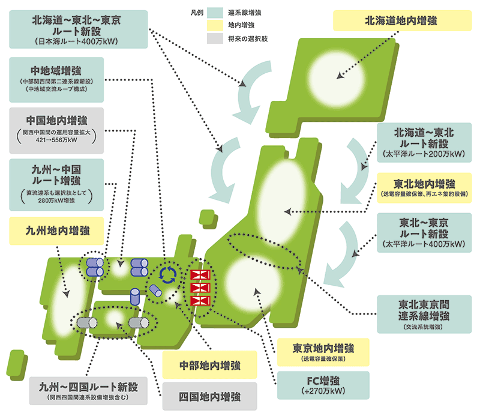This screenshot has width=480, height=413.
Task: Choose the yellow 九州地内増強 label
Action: pos(57,230)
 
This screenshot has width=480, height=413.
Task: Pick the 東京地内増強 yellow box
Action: pos(323,352)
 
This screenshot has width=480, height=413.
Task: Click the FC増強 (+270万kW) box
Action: pos(323,385)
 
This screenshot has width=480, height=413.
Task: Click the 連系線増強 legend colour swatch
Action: pos(215,11)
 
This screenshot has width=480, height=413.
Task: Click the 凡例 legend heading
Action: pos(191,11)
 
